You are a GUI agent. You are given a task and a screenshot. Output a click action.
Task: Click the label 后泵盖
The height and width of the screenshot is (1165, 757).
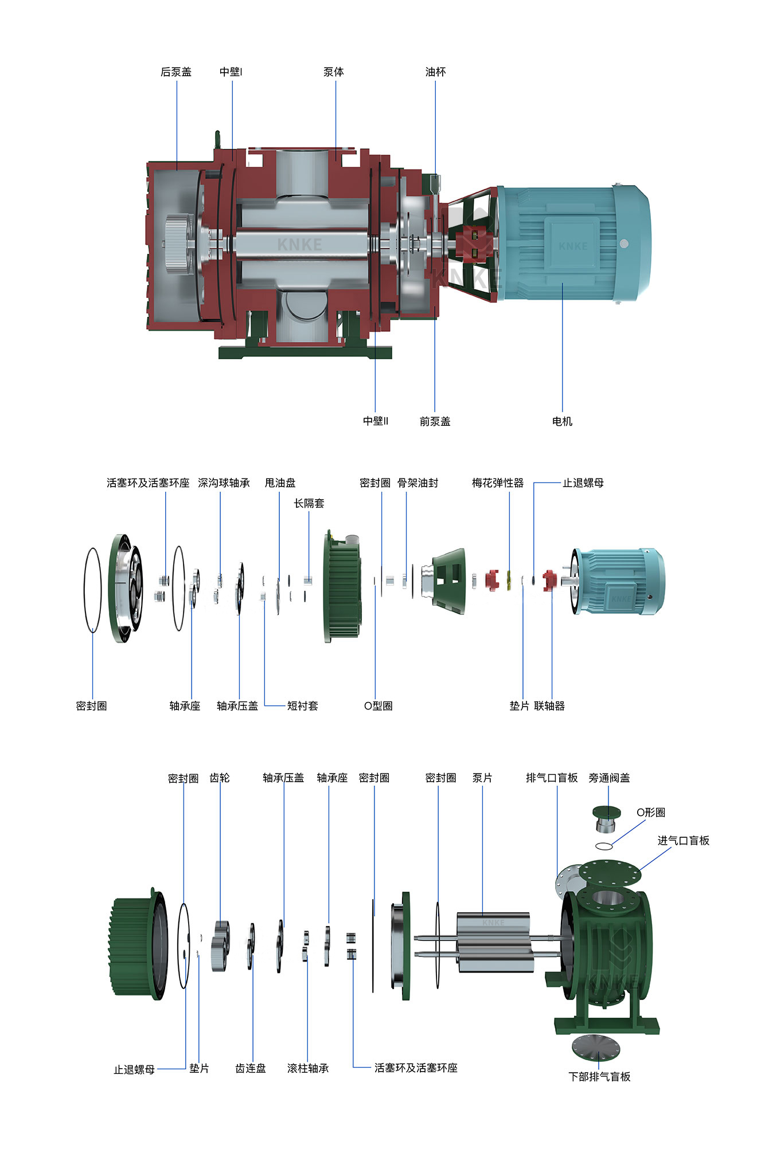pos(175,72)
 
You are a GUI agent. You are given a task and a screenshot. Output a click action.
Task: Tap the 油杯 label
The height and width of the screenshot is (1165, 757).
pos(435,72)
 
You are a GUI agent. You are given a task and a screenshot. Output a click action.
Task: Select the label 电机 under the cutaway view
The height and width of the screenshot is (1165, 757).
pos(562,422)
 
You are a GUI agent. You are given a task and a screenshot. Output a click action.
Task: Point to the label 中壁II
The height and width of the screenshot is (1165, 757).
pos(376,421)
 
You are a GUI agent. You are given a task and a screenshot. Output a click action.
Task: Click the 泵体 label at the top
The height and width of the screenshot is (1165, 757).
pos(333,72)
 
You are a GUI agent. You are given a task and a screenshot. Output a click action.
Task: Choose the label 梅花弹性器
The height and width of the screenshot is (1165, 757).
pos(498,483)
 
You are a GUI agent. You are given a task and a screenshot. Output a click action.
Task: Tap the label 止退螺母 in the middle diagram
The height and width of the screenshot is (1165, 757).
pos(583,483)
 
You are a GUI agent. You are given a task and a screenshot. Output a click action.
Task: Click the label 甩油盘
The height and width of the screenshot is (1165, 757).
pos(280,483)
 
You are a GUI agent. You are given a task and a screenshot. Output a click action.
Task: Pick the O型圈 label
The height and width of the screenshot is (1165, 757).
pos(378,706)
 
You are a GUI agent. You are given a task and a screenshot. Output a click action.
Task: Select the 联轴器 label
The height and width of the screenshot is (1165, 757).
pos(549,706)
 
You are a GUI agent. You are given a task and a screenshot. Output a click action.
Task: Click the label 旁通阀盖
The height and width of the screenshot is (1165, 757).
pos(609,778)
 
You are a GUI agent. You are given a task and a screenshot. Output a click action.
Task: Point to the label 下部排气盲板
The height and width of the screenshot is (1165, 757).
pos(599,1077)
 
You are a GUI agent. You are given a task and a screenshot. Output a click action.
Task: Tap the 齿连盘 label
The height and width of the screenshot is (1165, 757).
pos(251,1068)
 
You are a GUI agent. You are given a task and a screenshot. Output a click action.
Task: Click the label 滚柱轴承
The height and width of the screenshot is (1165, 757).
pos(308,1068)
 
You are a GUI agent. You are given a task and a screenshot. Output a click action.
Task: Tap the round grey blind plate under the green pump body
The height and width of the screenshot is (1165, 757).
pos(596,1047)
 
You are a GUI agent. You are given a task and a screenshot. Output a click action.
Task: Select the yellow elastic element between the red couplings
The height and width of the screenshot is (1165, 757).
pos(509,580)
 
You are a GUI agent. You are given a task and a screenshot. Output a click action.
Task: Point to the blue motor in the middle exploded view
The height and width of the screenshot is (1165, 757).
pos(619,581)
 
